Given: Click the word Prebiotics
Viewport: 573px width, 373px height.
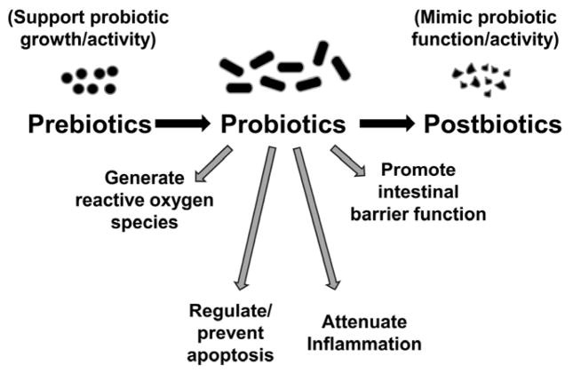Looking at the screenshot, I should [x=90, y=123].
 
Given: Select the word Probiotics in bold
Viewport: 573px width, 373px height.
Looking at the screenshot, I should [x=283, y=123].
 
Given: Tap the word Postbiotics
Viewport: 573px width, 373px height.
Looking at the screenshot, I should [x=492, y=123].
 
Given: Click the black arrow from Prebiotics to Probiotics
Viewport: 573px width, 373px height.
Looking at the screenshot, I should [x=183, y=123].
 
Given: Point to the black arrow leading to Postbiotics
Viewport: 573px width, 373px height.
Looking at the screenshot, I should [x=387, y=123].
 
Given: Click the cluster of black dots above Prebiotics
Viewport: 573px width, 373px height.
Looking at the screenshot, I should [x=89, y=80].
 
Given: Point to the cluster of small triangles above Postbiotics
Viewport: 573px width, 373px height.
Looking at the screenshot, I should [x=481, y=81].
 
